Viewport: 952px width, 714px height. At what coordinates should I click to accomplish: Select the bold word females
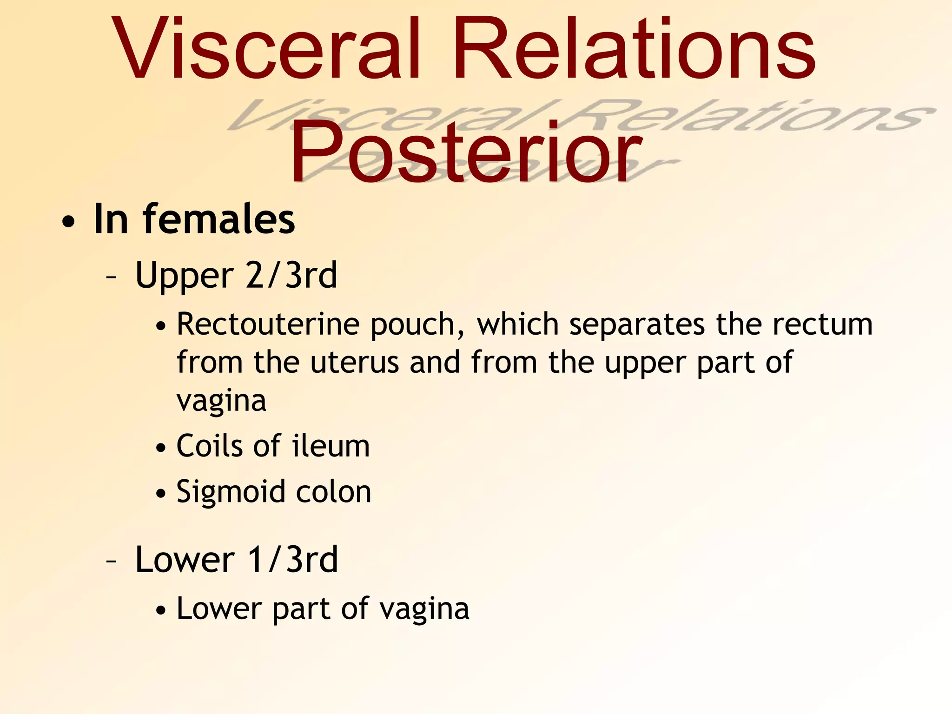coord(218,219)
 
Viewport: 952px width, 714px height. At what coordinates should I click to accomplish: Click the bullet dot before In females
coord(68,223)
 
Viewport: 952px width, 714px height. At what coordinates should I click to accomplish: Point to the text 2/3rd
coord(291,275)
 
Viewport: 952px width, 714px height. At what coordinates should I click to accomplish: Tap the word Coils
coord(210,446)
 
